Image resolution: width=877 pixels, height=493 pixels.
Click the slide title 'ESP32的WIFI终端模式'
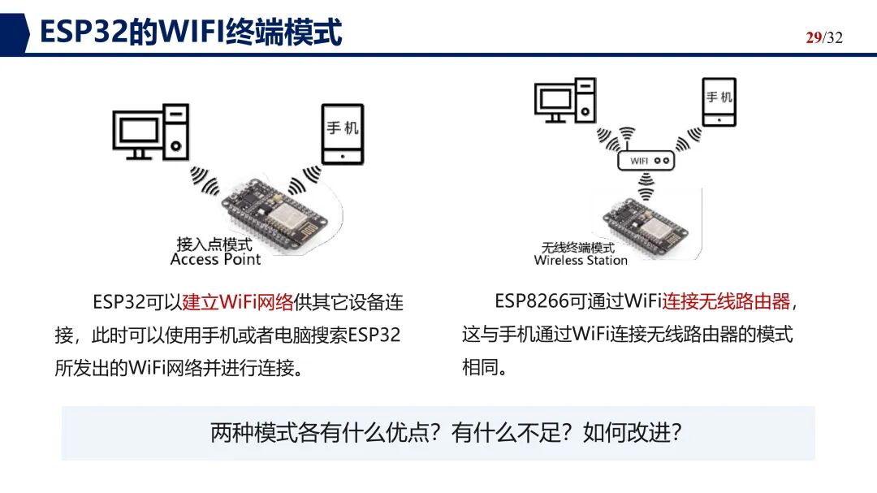click(x=191, y=32)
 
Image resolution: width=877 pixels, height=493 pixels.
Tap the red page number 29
click(x=813, y=37)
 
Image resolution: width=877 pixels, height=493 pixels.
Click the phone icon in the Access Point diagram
click(x=343, y=134)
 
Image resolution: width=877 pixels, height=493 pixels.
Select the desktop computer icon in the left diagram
click(x=151, y=132)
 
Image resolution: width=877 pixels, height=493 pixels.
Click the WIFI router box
click(x=646, y=161)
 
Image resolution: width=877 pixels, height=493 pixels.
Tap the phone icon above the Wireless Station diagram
click(x=719, y=102)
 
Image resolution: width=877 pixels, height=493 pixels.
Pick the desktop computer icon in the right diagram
click(x=565, y=100)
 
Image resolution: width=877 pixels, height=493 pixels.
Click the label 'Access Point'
click(x=215, y=259)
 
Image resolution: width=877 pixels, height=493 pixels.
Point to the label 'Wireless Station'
click(x=581, y=260)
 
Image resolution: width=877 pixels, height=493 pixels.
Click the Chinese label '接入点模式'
click(x=214, y=244)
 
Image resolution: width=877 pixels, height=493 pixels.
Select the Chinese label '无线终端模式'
click(x=578, y=248)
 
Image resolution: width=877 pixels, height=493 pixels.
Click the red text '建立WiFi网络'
click(x=238, y=302)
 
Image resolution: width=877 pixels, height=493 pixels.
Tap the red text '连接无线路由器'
click(x=726, y=301)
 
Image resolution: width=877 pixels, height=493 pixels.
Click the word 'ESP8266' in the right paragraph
click(x=531, y=301)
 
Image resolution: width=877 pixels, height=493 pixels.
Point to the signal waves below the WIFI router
click(x=646, y=186)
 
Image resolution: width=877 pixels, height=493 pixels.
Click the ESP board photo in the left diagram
click(x=275, y=215)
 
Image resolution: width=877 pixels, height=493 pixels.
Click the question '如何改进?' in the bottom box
click(x=632, y=433)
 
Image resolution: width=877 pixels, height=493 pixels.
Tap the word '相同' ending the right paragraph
click(x=480, y=367)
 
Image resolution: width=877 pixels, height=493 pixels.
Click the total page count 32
click(x=835, y=37)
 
